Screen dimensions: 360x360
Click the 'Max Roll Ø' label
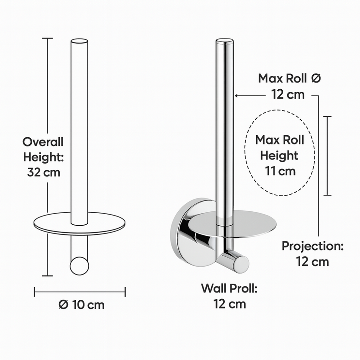tap(289, 78)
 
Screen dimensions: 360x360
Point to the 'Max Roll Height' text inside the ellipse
tap(279, 147)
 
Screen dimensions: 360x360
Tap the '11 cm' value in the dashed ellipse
tap(279, 171)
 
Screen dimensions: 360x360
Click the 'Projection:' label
tap(312, 246)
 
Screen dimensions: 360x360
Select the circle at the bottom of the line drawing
tap(79, 265)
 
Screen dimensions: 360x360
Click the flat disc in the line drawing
tap(79, 223)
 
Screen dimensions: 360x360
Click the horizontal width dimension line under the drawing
tap(80, 291)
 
